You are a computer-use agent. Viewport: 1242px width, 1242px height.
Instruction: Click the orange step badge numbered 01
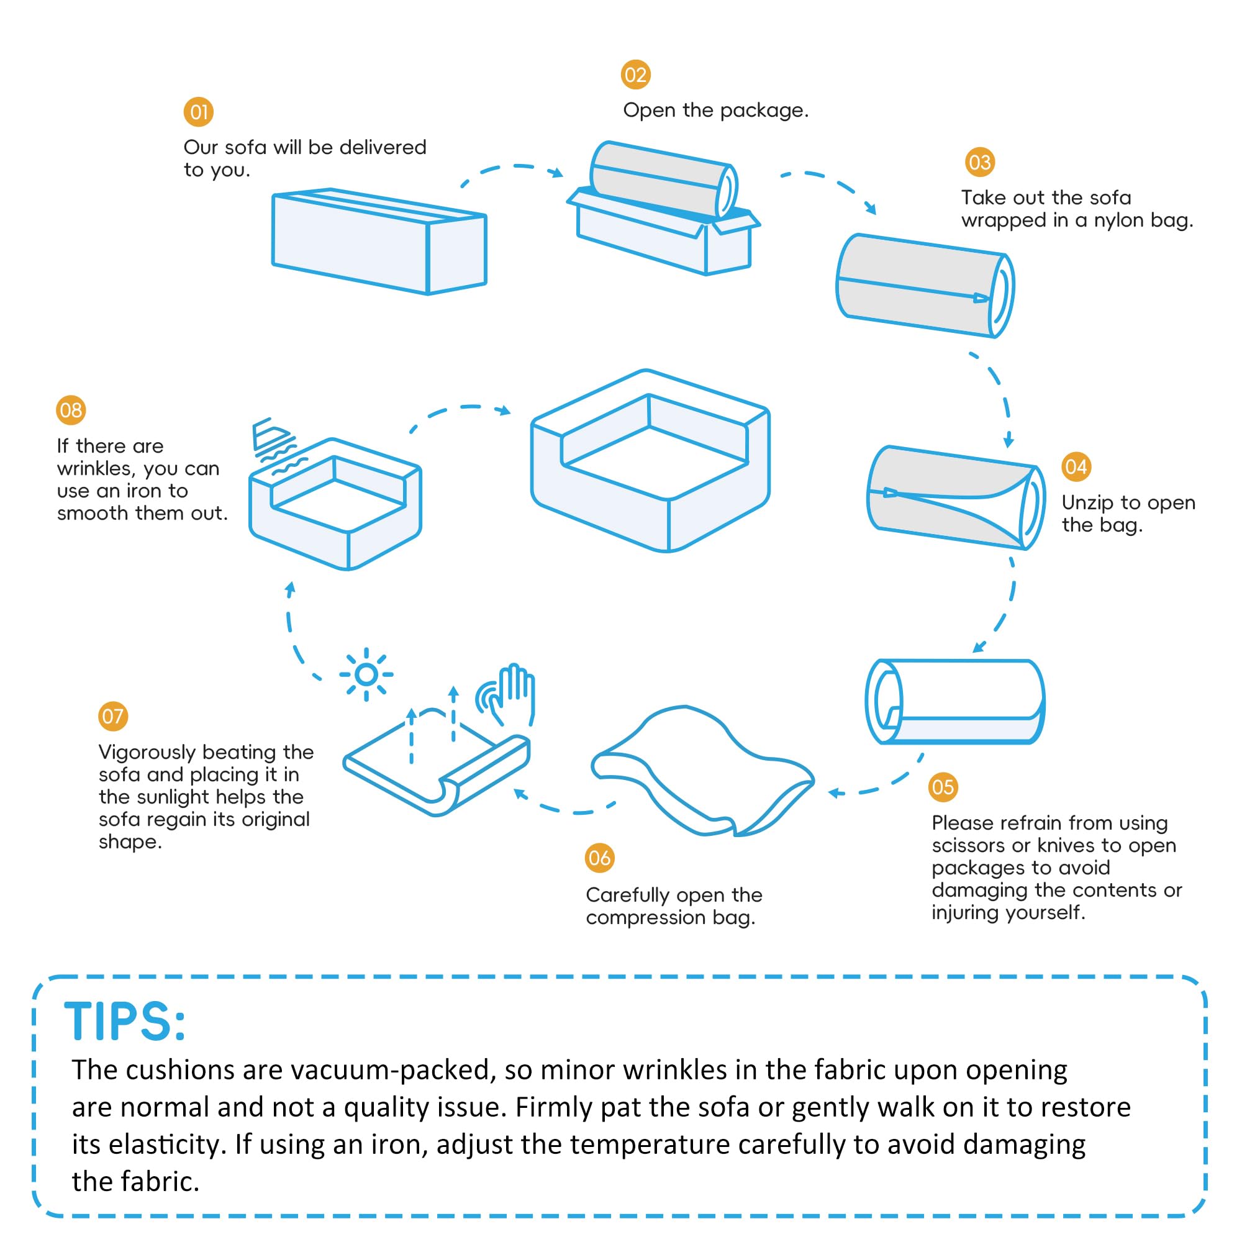[199, 112]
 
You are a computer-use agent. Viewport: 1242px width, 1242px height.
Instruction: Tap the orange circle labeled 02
[635, 75]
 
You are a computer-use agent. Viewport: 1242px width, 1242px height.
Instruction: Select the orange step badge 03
[979, 162]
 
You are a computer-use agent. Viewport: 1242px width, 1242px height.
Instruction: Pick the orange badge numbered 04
[1076, 467]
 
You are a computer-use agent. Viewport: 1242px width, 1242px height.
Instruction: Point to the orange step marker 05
[943, 787]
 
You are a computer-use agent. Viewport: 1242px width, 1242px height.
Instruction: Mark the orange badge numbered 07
[112, 716]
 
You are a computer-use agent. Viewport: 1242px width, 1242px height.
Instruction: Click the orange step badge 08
[71, 410]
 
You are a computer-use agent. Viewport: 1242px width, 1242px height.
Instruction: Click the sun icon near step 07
[366, 674]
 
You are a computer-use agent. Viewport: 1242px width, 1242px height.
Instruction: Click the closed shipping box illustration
[379, 241]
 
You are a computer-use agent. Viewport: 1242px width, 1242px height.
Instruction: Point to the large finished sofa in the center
[650, 461]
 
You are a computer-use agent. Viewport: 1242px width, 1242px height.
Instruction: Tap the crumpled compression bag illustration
[702, 771]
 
